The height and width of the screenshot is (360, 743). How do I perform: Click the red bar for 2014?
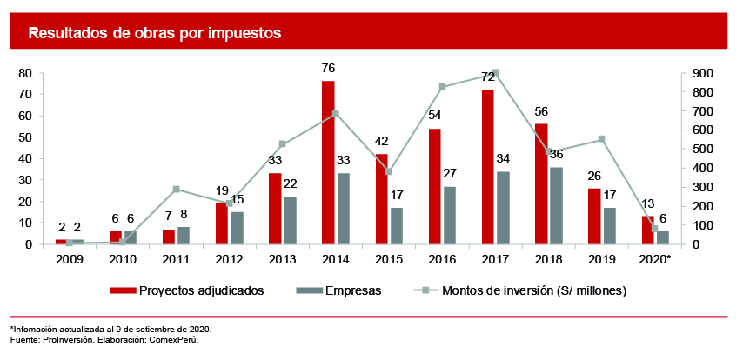328,163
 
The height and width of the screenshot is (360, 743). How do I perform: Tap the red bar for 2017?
488,167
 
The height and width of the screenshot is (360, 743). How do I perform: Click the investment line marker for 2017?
495,73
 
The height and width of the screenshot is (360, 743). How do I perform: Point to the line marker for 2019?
601,139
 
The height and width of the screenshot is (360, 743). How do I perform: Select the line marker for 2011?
176,189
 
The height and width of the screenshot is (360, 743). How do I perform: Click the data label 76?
328,69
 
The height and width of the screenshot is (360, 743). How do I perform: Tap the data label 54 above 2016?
435,117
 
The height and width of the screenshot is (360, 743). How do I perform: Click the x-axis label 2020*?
654,260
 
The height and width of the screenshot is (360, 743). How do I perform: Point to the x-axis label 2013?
282,260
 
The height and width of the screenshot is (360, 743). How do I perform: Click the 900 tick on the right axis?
703,73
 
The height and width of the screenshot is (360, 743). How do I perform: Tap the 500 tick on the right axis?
703,149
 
